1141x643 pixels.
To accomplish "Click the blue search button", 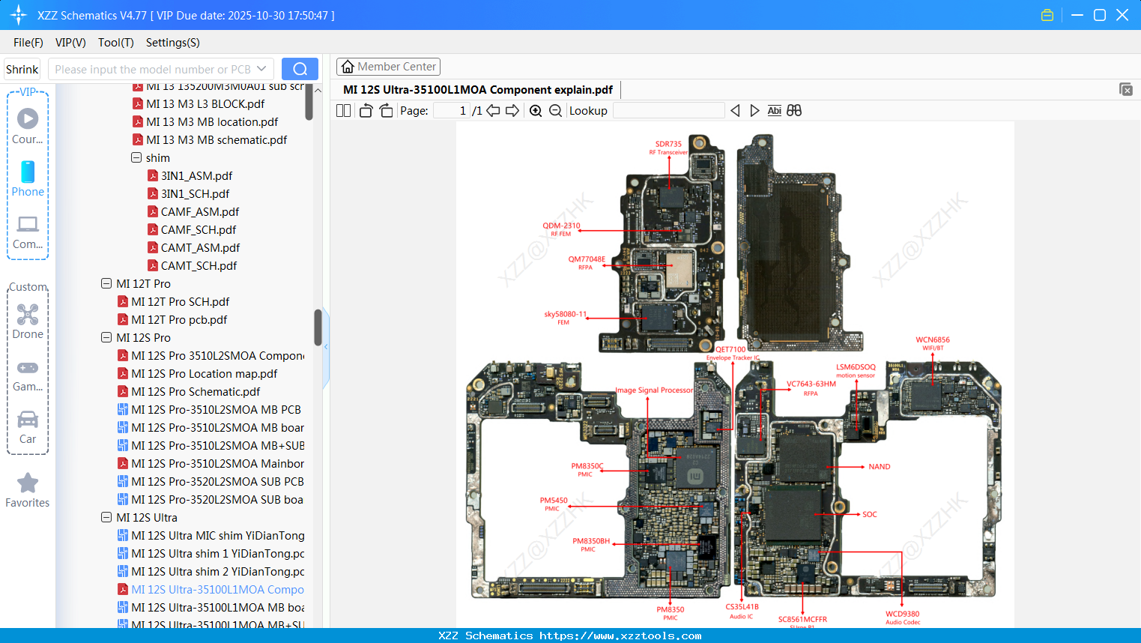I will pos(300,69).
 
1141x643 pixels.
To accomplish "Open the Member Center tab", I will pos(388,67).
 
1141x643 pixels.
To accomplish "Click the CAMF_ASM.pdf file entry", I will pos(199,211).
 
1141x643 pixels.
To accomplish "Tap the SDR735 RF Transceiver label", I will pos(668,147).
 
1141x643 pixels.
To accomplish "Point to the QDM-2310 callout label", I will pos(561,229).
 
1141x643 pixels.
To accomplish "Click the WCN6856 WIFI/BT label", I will pos(932,342).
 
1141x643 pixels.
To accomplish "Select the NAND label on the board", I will pos(879,467).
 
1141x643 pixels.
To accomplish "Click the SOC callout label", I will pos(869,515).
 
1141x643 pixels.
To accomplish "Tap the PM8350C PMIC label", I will pos(587,469).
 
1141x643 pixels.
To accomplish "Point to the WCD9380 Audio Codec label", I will pos(902,617).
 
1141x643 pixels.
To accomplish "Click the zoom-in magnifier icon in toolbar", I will pos(536,111).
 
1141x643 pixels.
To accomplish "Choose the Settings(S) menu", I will pos(172,43).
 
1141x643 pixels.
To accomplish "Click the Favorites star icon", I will pos(28,483).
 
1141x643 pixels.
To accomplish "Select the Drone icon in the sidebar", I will pos(28,315).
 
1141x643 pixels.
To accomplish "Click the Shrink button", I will pos(22,69).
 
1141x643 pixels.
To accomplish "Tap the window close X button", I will pos(1122,15).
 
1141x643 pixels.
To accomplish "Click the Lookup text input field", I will pos(668,111).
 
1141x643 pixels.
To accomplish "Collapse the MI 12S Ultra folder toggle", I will pos(106,517).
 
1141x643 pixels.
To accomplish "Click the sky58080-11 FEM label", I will pos(565,317).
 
